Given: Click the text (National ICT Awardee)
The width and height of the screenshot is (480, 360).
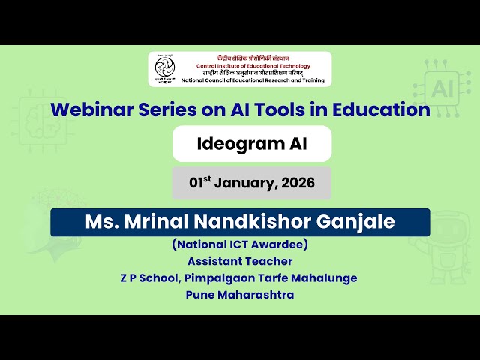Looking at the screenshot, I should click(x=240, y=244).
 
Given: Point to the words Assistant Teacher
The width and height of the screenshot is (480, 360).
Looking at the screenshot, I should click(x=240, y=261).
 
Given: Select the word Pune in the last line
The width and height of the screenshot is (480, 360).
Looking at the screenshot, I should click(x=200, y=294).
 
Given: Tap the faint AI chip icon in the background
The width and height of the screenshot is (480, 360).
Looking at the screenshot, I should click(x=440, y=89).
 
